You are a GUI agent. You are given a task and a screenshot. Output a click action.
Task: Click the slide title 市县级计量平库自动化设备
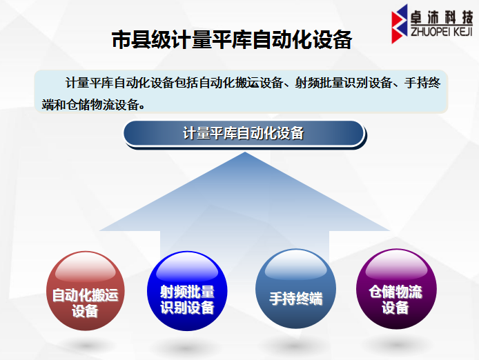[232, 40]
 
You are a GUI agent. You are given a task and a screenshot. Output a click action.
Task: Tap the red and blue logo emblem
[399, 24]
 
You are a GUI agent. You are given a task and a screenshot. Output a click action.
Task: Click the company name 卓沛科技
[442, 17]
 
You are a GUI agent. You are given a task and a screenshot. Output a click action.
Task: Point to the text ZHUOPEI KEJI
[442, 32]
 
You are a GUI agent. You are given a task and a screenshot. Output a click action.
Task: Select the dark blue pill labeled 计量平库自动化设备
[244, 134]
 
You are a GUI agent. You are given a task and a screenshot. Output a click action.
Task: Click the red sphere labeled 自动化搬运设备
[86, 290]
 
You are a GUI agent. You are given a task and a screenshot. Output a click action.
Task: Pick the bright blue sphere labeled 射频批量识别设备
[187, 290]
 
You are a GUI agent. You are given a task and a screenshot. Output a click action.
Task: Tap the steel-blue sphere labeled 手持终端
[295, 289]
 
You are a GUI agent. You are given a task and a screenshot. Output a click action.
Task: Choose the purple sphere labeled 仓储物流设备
[396, 289]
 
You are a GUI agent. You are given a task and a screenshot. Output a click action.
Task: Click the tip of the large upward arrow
[245, 152]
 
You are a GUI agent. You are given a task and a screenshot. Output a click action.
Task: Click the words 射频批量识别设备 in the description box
[343, 83]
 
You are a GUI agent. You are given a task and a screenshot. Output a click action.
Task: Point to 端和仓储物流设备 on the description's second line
[90, 105]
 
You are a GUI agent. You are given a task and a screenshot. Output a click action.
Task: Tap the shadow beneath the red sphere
[86, 346]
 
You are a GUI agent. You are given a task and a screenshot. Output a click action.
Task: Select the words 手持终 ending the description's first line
[422, 83]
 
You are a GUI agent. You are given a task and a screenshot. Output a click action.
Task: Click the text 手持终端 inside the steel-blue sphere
[295, 299]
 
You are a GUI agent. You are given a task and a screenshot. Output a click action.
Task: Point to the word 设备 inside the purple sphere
[395, 307]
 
